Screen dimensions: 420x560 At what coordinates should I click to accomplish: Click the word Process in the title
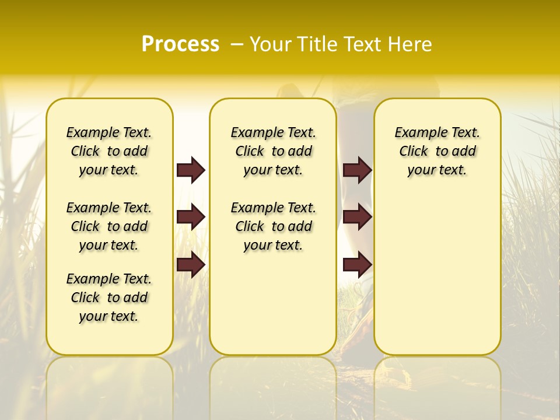(180, 44)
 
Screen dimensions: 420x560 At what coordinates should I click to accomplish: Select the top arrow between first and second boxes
(191, 170)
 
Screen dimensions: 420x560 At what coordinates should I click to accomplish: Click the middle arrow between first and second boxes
(191, 218)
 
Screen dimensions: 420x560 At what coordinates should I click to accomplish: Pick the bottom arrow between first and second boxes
(191, 265)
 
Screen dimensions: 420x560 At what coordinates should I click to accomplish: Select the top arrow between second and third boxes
(357, 170)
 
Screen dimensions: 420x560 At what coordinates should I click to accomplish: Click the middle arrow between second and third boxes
(357, 218)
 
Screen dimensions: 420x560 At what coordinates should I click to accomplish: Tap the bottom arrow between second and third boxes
(357, 265)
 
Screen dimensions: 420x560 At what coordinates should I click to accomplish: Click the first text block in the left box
(109, 151)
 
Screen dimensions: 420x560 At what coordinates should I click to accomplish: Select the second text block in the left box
(109, 226)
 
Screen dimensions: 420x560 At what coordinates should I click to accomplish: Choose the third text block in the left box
(109, 297)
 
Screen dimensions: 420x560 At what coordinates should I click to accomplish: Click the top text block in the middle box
(273, 151)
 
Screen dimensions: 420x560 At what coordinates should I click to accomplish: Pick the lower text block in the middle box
(273, 226)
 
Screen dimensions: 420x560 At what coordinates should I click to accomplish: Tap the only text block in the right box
(437, 151)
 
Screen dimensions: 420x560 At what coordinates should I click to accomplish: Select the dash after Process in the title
(237, 44)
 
